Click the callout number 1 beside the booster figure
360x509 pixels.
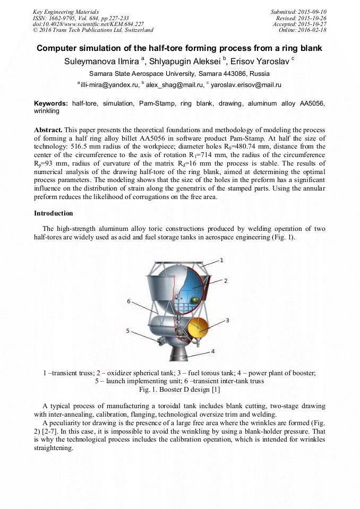point(221,260)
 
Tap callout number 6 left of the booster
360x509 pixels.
point(128,301)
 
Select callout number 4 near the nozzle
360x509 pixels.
point(212,351)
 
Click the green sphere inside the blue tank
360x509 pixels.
point(194,300)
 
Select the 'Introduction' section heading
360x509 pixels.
point(53,213)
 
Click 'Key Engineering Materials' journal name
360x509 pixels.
point(65,11)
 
